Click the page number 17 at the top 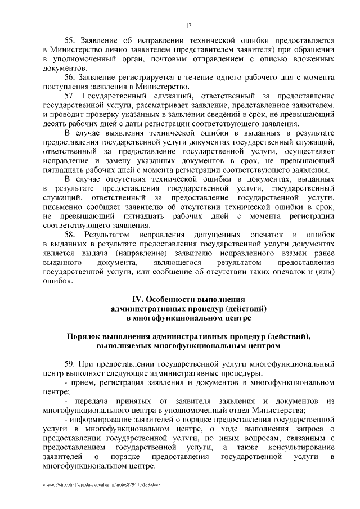click(x=188, y=24)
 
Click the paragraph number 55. click(x=70, y=40)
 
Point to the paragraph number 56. click(x=70, y=76)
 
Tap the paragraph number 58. click(x=70, y=233)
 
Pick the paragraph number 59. click(x=70, y=364)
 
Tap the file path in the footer click(x=101, y=484)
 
